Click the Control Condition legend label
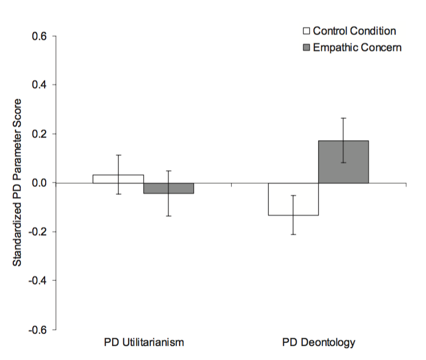pyautogui.click(x=354, y=31)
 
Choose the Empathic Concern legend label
pyautogui.click(x=357, y=47)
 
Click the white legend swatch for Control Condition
pyautogui.click(x=306, y=31)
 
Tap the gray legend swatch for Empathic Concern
pyautogui.click(x=306, y=47)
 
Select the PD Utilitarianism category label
pyautogui.click(x=143, y=342)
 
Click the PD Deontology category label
pyautogui.click(x=318, y=342)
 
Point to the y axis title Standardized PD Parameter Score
pyautogui.click(x=17, y=183)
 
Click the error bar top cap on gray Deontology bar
pyautogui.click(x=344, y=118)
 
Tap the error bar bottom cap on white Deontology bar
pyautogui.click(x=293, y=234)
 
